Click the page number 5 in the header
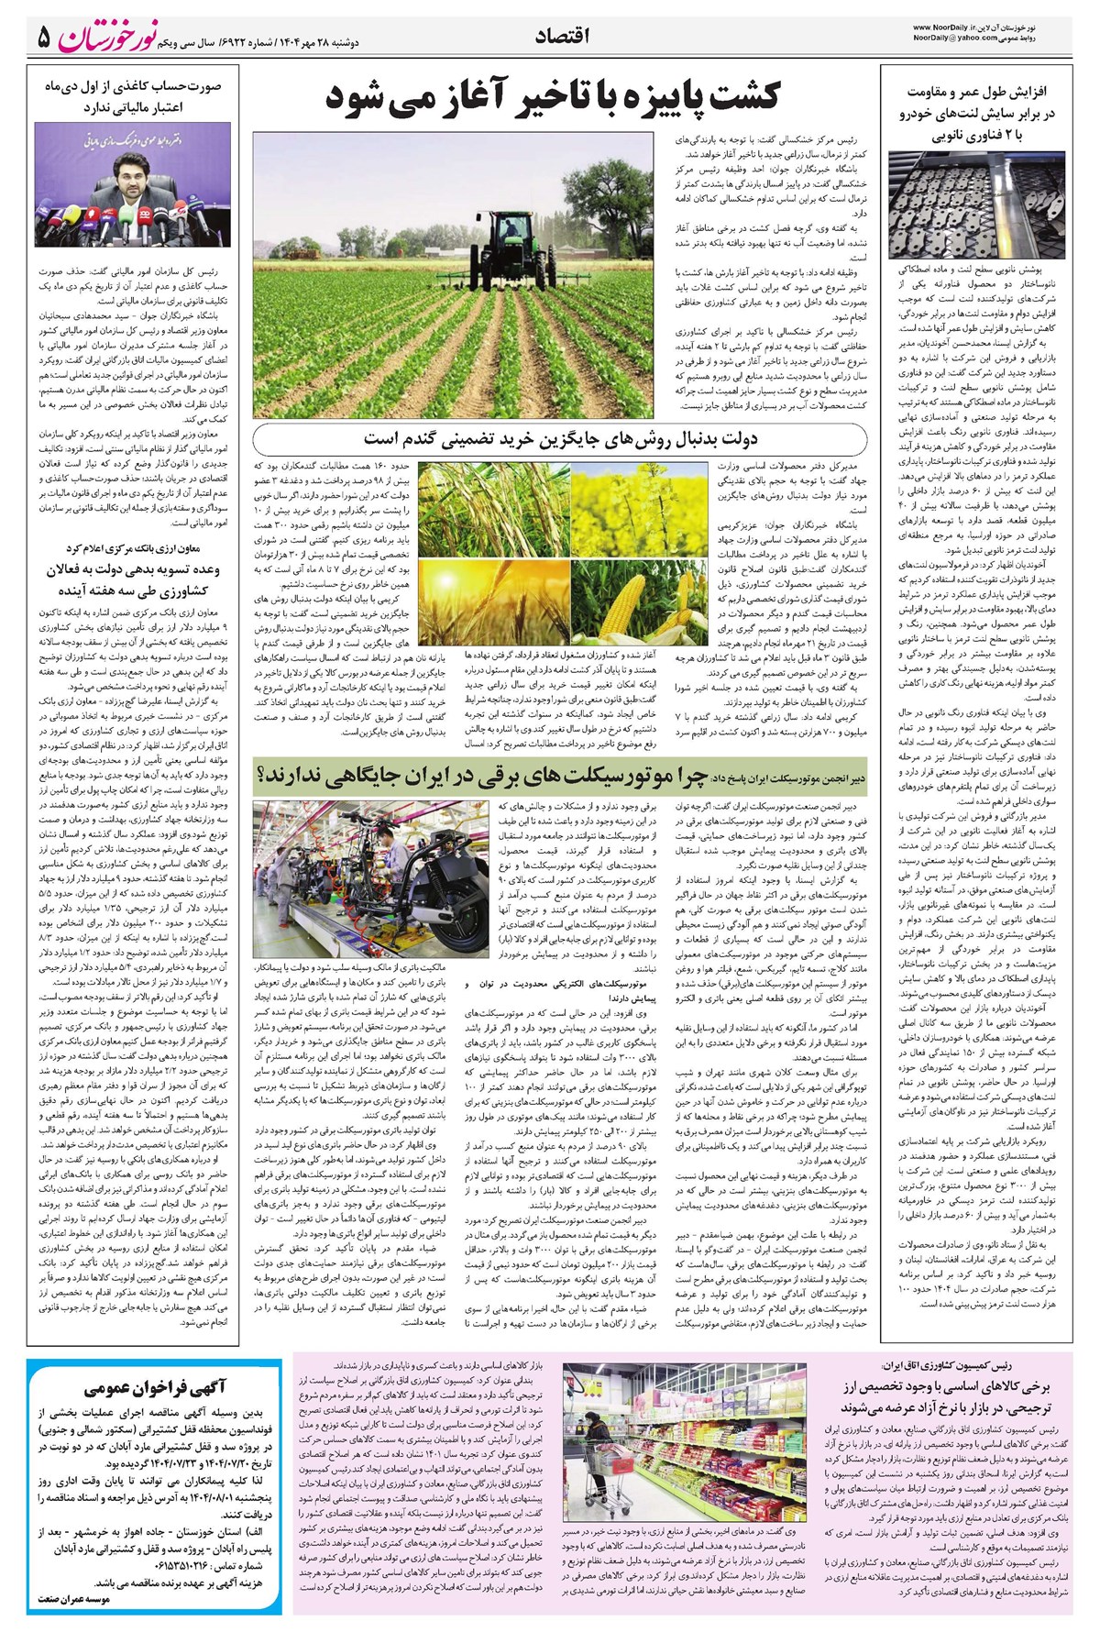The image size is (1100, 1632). pyautogui.click(x=43, y=38)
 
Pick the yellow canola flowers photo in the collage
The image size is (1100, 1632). pyautogui.click(x=639, y=505)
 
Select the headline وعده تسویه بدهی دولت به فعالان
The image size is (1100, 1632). pyautogui.click(x=129, y=568)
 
